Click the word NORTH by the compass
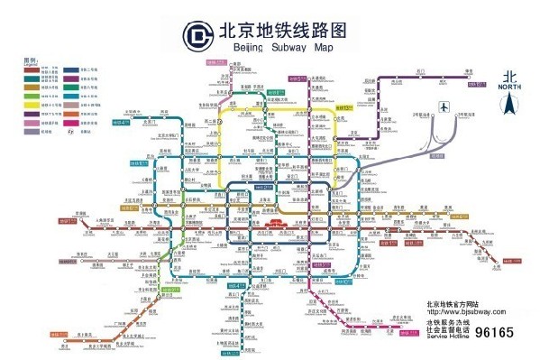[x=509, y=87]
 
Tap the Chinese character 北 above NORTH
[x=509, y=77]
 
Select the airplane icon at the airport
[x=442, y=107]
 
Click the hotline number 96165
[x=494, y=333]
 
